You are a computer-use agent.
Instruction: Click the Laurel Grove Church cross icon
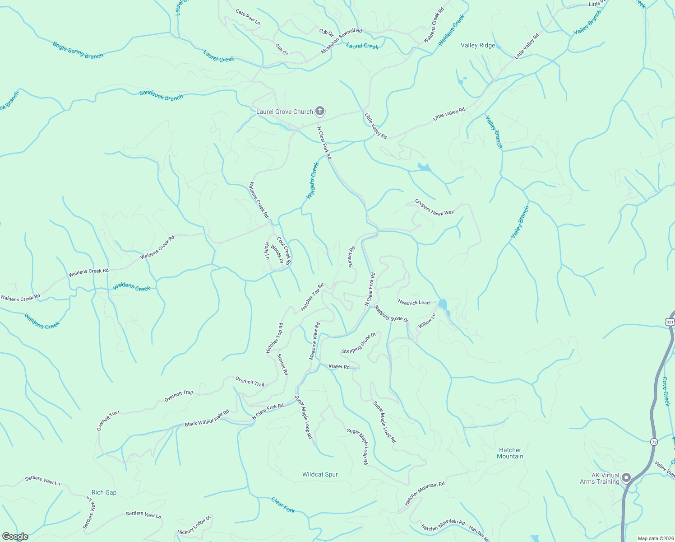click(320, 111)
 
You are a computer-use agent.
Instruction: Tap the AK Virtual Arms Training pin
click(626, 477)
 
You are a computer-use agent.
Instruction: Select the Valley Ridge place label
click(478, 45)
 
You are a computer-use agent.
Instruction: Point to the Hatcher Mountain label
click(510, 453)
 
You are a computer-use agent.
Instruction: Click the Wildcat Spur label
click(320, 474)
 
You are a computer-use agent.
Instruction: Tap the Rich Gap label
click(104, 492)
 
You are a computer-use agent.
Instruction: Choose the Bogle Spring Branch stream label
click(78, 50)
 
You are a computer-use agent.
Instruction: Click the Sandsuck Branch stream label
click(161, 95)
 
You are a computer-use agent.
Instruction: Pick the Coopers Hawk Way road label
click(434, 207)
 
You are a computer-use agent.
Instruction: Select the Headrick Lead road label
click(414, 302)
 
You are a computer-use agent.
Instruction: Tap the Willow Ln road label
click(426, 321)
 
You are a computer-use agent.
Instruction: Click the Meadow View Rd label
click(314, 341)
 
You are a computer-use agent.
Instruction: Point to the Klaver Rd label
click(339, 366)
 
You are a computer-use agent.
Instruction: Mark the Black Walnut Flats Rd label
click(207, 418)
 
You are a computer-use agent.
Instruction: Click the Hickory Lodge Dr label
click(194, 526)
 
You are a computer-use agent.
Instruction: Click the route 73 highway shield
click(654, 441)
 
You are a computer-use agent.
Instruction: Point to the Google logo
click(15, 537)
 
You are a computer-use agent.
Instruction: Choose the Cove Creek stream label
click(666, 392)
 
